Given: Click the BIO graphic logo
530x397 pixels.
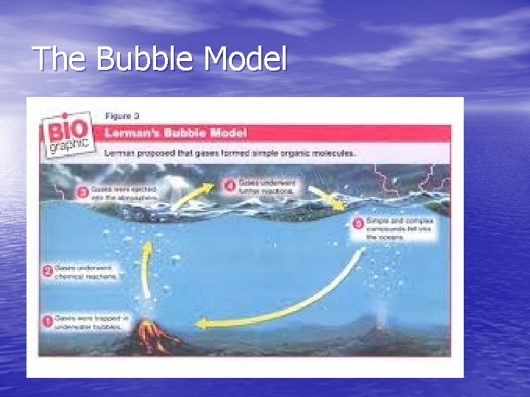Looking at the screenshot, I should click(x=67, y=134).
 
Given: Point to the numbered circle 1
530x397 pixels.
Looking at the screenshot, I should click(x=47, y=321).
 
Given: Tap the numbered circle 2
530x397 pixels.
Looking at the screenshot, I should click(x=46, y=272).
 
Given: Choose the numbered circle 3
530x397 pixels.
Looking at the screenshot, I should click(x=83, y=193).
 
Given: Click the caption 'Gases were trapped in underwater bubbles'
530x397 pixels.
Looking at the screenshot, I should click(x=87, y=322).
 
